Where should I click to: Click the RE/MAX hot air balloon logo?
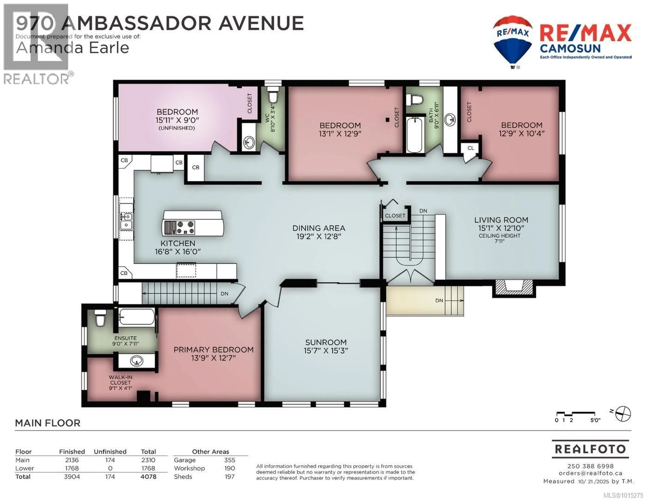point(513,41)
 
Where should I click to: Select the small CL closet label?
point(471,148)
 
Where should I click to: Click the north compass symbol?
point(623,414)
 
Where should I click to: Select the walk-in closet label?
point(120,382)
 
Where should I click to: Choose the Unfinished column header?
point(110,452)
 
